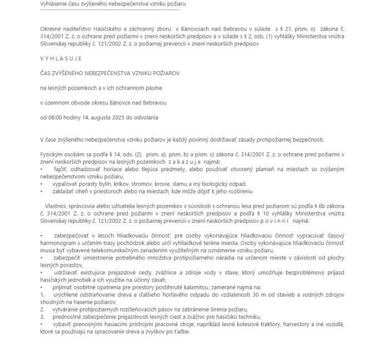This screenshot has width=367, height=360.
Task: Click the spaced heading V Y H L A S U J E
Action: [x=61, y=58]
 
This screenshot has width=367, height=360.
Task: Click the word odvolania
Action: [x=146, y=117]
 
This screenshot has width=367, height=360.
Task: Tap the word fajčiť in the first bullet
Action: [x=59, y=167]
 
